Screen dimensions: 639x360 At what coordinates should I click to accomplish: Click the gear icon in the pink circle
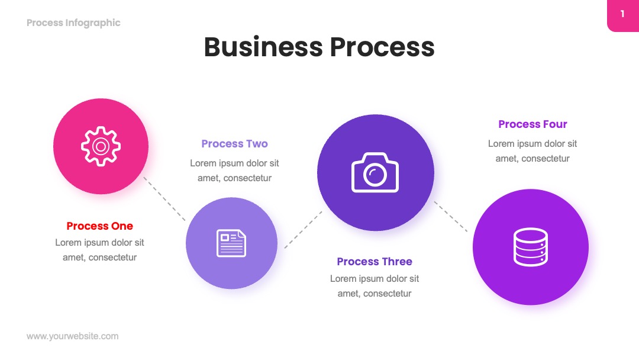(x=101, y=146)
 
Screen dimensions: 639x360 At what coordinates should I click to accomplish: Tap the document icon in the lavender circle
(x=231, y=243)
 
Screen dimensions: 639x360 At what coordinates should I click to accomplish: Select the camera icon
(x=375, y=172)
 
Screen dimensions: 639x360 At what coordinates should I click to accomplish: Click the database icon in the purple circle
(x=531, y=247)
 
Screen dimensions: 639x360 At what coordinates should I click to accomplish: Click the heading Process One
(x=100, y=226)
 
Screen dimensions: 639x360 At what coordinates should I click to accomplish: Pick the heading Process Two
(x=234, y=143)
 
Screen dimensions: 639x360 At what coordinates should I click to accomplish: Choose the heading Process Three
(x=375, y=261)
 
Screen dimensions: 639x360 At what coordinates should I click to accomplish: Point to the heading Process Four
(x=532, y=124)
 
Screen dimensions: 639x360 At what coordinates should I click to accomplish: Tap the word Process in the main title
(x=382, y=47)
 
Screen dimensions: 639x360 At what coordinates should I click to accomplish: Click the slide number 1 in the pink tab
(x=622, y=14)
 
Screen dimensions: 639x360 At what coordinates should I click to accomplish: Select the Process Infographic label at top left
(x=73, y=23)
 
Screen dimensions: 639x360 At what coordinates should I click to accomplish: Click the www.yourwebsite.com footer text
(x=73, y=336)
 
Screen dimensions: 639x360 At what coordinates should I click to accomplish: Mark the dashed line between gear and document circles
(x=164, y=199)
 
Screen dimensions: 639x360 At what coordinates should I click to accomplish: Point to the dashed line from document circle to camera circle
(x=303, y=230)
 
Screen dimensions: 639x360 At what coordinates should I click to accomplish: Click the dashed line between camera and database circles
(x=451, y=217)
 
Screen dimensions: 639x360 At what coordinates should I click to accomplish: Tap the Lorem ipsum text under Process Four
(x=532, y=151)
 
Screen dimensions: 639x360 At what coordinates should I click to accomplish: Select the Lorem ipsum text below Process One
(x=100, y=250)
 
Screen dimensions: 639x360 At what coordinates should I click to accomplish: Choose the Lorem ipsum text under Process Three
(x=375, y=286)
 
